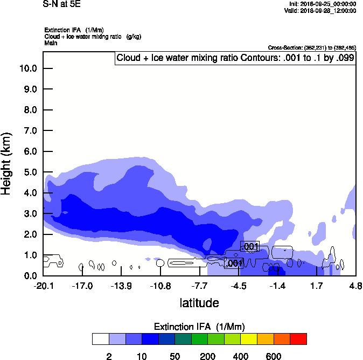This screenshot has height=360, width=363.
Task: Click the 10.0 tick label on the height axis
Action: [27, 68]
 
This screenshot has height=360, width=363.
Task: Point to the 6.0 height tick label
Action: [30, 151]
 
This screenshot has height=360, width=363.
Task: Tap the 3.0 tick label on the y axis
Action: [30, 214]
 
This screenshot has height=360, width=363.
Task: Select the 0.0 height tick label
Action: [30, 276]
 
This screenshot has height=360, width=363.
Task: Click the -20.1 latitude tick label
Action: [43, 285]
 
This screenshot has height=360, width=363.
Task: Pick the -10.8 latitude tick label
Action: [160, 285]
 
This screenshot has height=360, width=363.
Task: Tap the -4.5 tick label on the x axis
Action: [239, 285]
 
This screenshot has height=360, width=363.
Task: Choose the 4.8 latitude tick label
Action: [355, 285]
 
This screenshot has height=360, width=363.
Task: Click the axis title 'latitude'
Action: [199, 303]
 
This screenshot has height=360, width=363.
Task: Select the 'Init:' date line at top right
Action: [322, 4]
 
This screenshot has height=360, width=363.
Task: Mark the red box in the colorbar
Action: [298, 338]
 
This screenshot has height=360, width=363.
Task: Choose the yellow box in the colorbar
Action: [249, 338]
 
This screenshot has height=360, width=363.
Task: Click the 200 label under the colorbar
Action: [208, 356]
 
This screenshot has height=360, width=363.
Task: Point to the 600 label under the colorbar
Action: [274, 356]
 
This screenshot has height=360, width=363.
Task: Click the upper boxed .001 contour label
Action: [250, 247]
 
